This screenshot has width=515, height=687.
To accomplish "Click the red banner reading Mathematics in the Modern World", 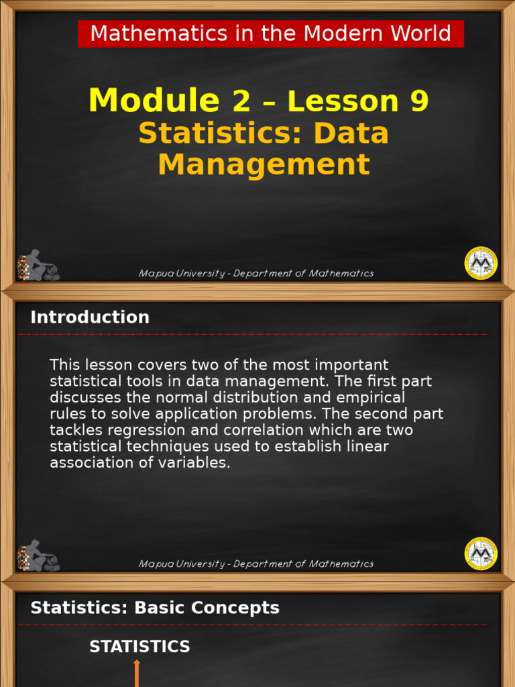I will click(270, 34).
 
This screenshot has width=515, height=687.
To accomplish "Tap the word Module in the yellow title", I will click(154, 101).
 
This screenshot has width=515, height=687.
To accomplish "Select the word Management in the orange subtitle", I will click(264, 164).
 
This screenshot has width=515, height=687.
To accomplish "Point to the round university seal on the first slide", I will click(481, 263).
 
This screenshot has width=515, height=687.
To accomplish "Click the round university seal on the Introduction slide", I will click(481, 553).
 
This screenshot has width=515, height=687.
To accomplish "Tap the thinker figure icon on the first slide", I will click(38, 266).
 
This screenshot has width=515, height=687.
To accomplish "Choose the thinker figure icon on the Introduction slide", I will click(38, 556).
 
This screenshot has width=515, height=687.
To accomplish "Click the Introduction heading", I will click(90, 317).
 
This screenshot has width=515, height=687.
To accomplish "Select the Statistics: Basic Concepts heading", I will click(155, 608).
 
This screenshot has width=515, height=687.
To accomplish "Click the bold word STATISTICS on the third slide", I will click(139, 647).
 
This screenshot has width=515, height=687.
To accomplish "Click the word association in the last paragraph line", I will click(87, 463).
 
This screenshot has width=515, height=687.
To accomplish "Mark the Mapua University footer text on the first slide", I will click(255, 274).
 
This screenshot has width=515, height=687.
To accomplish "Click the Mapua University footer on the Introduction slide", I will click(255, 564).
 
